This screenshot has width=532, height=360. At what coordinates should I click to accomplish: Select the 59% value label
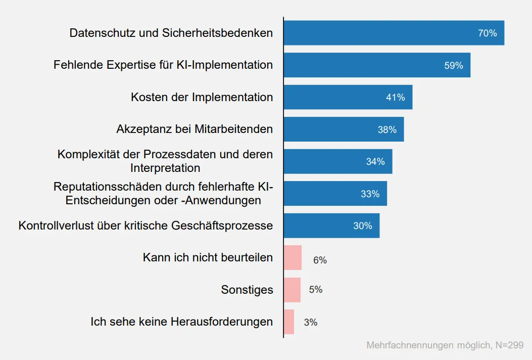(x=453, y=66)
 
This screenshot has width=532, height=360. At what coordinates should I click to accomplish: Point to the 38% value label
(x=387, y=130)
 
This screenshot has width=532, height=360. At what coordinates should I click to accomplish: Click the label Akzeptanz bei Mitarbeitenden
(x=195, y=129)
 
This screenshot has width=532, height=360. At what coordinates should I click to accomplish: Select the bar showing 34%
(x=337, y=161)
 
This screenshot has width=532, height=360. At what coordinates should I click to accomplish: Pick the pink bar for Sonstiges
(x=292, y=290)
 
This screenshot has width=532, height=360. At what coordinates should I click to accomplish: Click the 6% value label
(x=320, y=260)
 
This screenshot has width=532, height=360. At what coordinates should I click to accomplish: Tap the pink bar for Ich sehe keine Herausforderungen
(x=289, y=322)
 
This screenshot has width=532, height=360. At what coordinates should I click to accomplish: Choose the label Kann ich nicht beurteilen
(x=208, y=257)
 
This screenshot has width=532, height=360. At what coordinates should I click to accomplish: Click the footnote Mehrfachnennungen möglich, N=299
(x=445, y=345)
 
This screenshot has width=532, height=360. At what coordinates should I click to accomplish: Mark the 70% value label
(x=487, y=33)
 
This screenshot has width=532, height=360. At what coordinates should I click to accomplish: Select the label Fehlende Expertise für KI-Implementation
(x=163, y=65)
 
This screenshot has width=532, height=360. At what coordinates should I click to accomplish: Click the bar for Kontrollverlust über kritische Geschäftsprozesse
(x=331, y=226)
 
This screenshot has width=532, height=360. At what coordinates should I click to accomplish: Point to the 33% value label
(x=370, y=194)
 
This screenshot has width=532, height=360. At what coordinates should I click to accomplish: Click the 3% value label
(x=311, y=322)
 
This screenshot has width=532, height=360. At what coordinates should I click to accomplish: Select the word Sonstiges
(x=247, y=290)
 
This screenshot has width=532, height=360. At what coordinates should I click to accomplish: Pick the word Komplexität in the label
(x=88, y=154)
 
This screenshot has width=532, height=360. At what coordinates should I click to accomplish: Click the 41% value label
(x=395, y=98)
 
